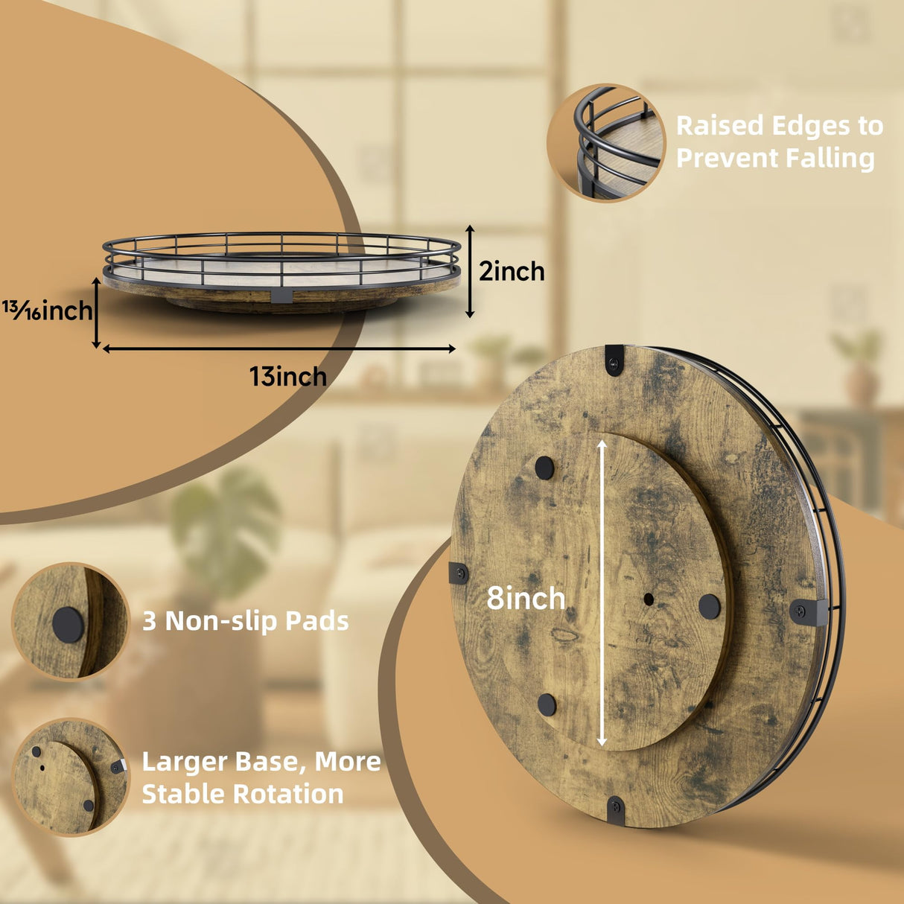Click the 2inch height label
tap(512, 272)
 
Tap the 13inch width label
tap(287, 376)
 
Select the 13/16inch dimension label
tap(48, 310)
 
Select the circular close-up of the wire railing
tap(606, 144)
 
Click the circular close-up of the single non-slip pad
tap(70, 621)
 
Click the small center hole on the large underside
tap(649, 599)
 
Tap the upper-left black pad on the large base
tap(544, 467)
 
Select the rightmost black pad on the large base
tap(710, 606)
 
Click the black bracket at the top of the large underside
tap(614, 360)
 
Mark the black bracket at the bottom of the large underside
tap(616, 809)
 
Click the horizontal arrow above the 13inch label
tap(278, 348)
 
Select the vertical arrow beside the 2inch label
tap(470, 271)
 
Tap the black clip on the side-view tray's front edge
tap(281, 296)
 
